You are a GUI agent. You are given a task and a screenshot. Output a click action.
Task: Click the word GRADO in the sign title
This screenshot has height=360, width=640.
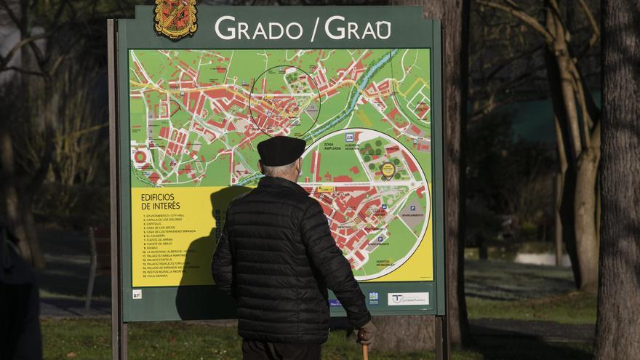tap(258, 28)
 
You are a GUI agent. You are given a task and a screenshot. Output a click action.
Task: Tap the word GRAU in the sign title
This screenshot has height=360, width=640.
tap(358, 28)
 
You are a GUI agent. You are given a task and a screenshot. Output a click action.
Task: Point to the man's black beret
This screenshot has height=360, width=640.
tap(281, 151)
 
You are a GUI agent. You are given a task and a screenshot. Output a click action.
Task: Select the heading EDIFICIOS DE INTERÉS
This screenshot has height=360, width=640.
tap(161, 201)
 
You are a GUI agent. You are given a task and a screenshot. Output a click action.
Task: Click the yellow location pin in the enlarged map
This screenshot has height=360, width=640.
tap(388, 170)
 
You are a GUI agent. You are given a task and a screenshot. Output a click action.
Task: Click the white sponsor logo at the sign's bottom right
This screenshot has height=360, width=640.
tap(408, 298)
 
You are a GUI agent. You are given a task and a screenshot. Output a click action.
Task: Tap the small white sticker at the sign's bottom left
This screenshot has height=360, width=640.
tap(137, 294)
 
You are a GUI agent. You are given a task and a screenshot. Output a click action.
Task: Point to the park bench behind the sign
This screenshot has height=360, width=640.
tap(97, 262)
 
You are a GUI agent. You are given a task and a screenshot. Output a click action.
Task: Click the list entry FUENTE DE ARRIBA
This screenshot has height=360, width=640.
tap(159, 240)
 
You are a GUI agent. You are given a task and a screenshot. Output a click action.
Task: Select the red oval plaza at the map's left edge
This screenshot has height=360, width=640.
tap(140, 156)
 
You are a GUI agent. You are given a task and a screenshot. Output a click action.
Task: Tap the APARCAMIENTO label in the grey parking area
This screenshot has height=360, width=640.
tap(412, 215)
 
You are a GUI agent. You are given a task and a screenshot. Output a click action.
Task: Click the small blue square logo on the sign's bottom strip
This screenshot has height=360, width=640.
tap(373, 297)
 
